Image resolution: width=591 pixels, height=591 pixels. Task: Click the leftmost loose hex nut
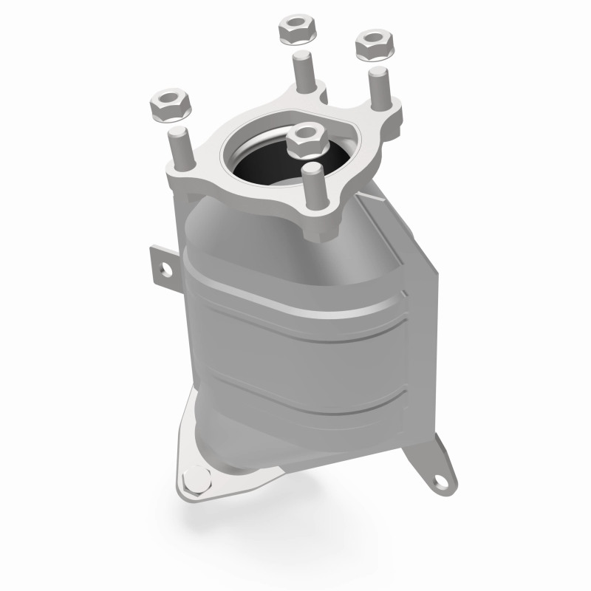171,106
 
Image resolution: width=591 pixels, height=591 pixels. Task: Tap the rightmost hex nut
374,47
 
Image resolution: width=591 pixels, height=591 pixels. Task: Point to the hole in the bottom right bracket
442,480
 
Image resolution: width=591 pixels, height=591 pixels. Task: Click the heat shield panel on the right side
414,295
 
